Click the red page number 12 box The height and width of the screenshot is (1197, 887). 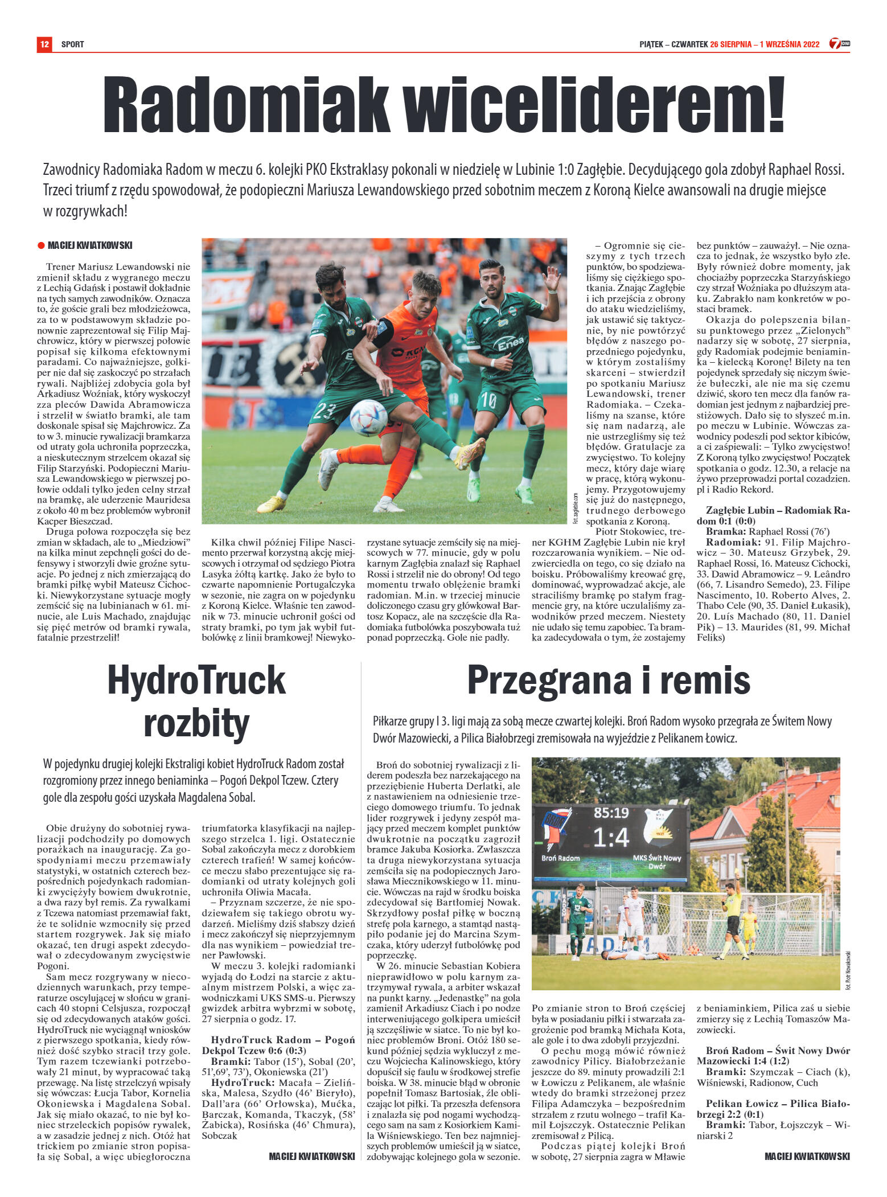point(44,44)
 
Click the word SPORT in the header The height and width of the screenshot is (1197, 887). point(72,44)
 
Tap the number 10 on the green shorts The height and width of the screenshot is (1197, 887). point(489,401)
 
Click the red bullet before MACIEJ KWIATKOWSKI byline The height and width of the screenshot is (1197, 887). point(41,245)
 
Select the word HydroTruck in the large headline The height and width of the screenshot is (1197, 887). point(196,680)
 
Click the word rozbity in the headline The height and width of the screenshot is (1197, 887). point(196,724)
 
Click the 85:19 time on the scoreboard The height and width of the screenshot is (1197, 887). point(611,813)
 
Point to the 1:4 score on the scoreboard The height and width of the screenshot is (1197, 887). point(611,837)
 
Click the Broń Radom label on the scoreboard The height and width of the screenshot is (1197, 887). point(560,858)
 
